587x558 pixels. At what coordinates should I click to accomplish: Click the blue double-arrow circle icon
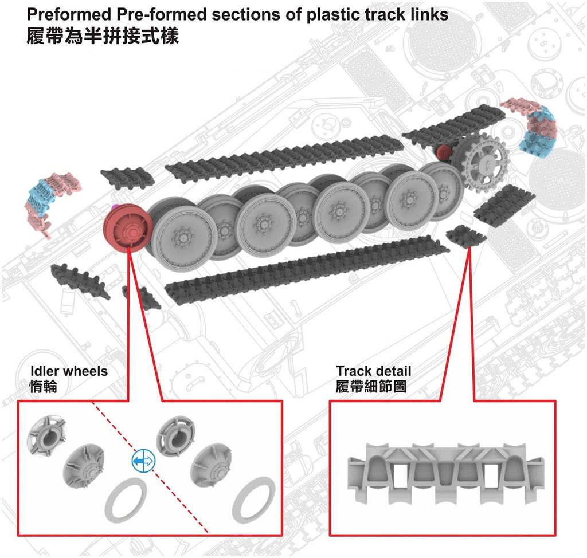click(143, 460)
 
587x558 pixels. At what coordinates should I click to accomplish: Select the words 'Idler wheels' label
click(68, 371)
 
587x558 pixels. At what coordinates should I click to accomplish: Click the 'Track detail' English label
click(374, 371)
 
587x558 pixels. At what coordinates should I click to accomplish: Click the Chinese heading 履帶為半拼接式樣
click(103, 37)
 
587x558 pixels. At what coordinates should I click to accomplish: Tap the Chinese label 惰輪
click(43, 387)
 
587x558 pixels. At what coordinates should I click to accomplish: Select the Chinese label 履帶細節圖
click(371, 387)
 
